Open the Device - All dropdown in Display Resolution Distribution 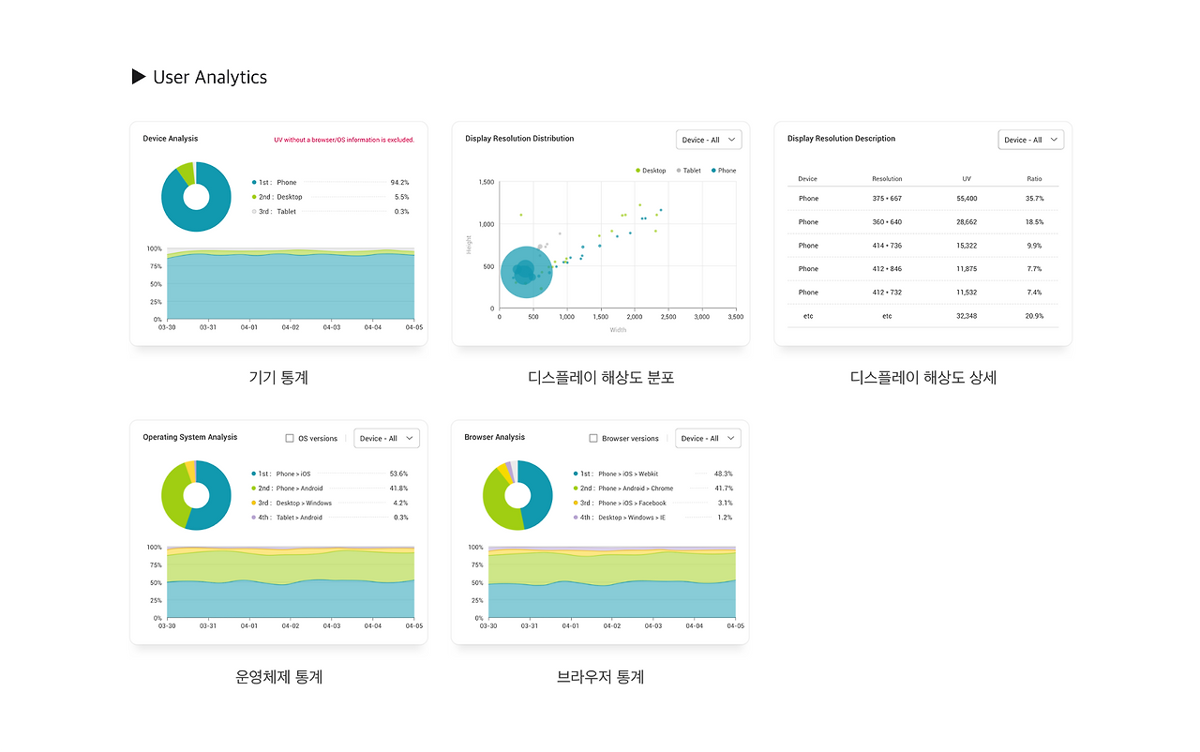[x=709, y=140]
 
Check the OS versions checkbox [x=290, y=438]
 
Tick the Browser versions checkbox [x=593, y=438]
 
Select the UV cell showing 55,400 [x=967, y=198]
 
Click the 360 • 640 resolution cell [x=887, y=221]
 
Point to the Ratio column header [x=1034, y=179]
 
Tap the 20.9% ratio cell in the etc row [x=1034, y=316]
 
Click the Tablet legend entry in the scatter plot [x=688, y=171]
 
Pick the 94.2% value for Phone [x=399, y=183]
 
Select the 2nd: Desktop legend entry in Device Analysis [x=277, y=197]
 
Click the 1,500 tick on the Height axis [x=487, y=182]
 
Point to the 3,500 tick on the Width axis [x=736, y=317]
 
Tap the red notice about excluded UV [x=344, y=140]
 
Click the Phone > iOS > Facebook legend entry [x=620, y=503]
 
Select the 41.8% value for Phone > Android [x=398, y=489]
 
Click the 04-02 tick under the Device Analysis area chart [x=291, y=327]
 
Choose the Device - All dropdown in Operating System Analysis [x=386, y=438]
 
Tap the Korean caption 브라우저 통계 [x=600, y=677]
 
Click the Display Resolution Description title [x=841, y=139]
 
